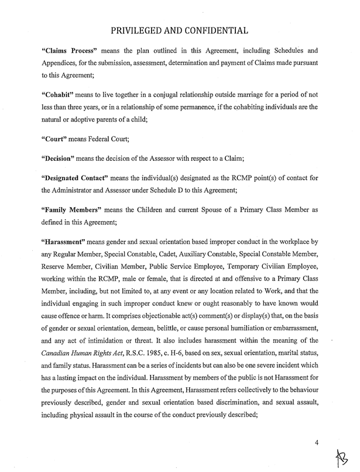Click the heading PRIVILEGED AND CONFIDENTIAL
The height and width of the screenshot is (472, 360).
point(180,29)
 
